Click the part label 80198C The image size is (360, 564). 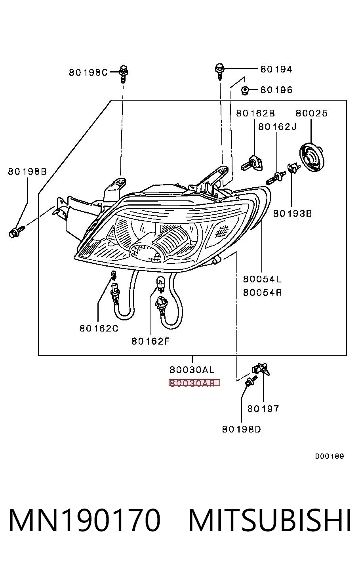(88, 72)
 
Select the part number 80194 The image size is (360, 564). (276, 69)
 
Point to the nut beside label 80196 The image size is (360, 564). (244, 90)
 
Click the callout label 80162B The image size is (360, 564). (255, 113)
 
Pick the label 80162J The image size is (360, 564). (277, 127)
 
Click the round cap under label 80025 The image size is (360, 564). (312, 157)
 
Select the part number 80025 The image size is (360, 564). (311, 113)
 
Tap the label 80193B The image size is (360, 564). (293, 213)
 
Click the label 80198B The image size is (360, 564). (27, 171)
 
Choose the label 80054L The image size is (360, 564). (262, 279)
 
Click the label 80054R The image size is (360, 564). (262, 293)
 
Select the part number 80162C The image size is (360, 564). (99, 328)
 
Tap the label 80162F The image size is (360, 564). (150, 341)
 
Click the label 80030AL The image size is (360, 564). (192, 370)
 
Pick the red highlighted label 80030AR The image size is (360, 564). (194, 383)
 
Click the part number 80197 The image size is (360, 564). (263, 409)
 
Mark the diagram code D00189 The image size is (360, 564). (330, 456)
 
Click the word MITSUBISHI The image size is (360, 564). (270, 520)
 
